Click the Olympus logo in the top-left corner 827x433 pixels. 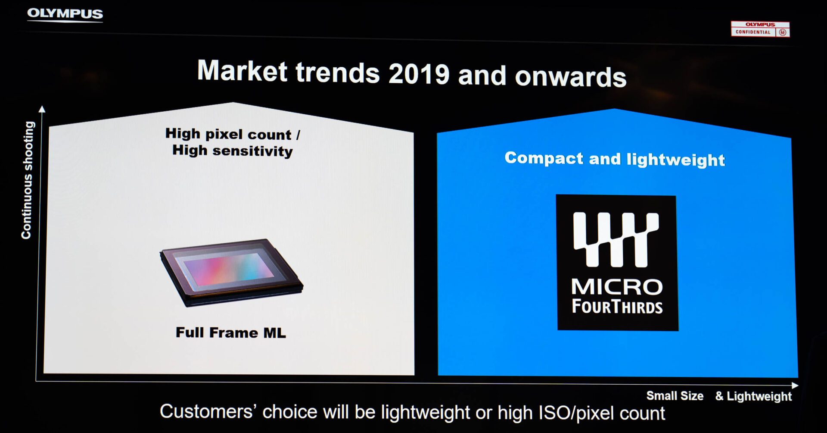point(65,14)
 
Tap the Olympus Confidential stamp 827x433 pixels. point(760,29)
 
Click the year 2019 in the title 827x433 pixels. point(419,74)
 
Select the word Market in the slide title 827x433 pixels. point(242,70)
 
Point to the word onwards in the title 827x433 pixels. point(570,77)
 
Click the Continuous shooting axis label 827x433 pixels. point(28,180)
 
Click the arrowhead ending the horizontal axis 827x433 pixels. point(795,385)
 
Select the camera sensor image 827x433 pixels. point(231,272)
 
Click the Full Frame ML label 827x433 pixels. point(231,333)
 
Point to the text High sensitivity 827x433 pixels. point(233,151)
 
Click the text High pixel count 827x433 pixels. point(228,134)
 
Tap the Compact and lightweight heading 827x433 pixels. point(615,159)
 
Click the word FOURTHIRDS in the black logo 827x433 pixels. point(617,307)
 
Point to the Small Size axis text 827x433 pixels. point(675,396)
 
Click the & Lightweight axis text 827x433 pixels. point(753,396)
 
